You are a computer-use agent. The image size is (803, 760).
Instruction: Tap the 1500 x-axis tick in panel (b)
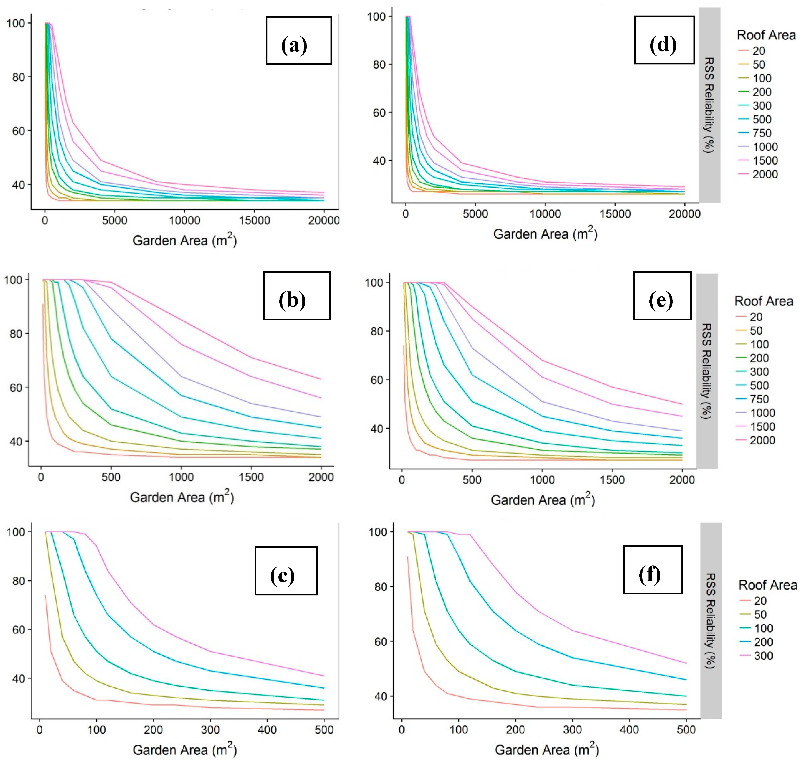click(251, 477)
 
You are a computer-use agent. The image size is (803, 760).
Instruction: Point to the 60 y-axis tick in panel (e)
click(377, 380)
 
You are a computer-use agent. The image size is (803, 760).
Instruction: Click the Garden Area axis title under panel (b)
click(182, 497)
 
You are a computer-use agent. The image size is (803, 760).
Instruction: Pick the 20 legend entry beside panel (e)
click(749, 317)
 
